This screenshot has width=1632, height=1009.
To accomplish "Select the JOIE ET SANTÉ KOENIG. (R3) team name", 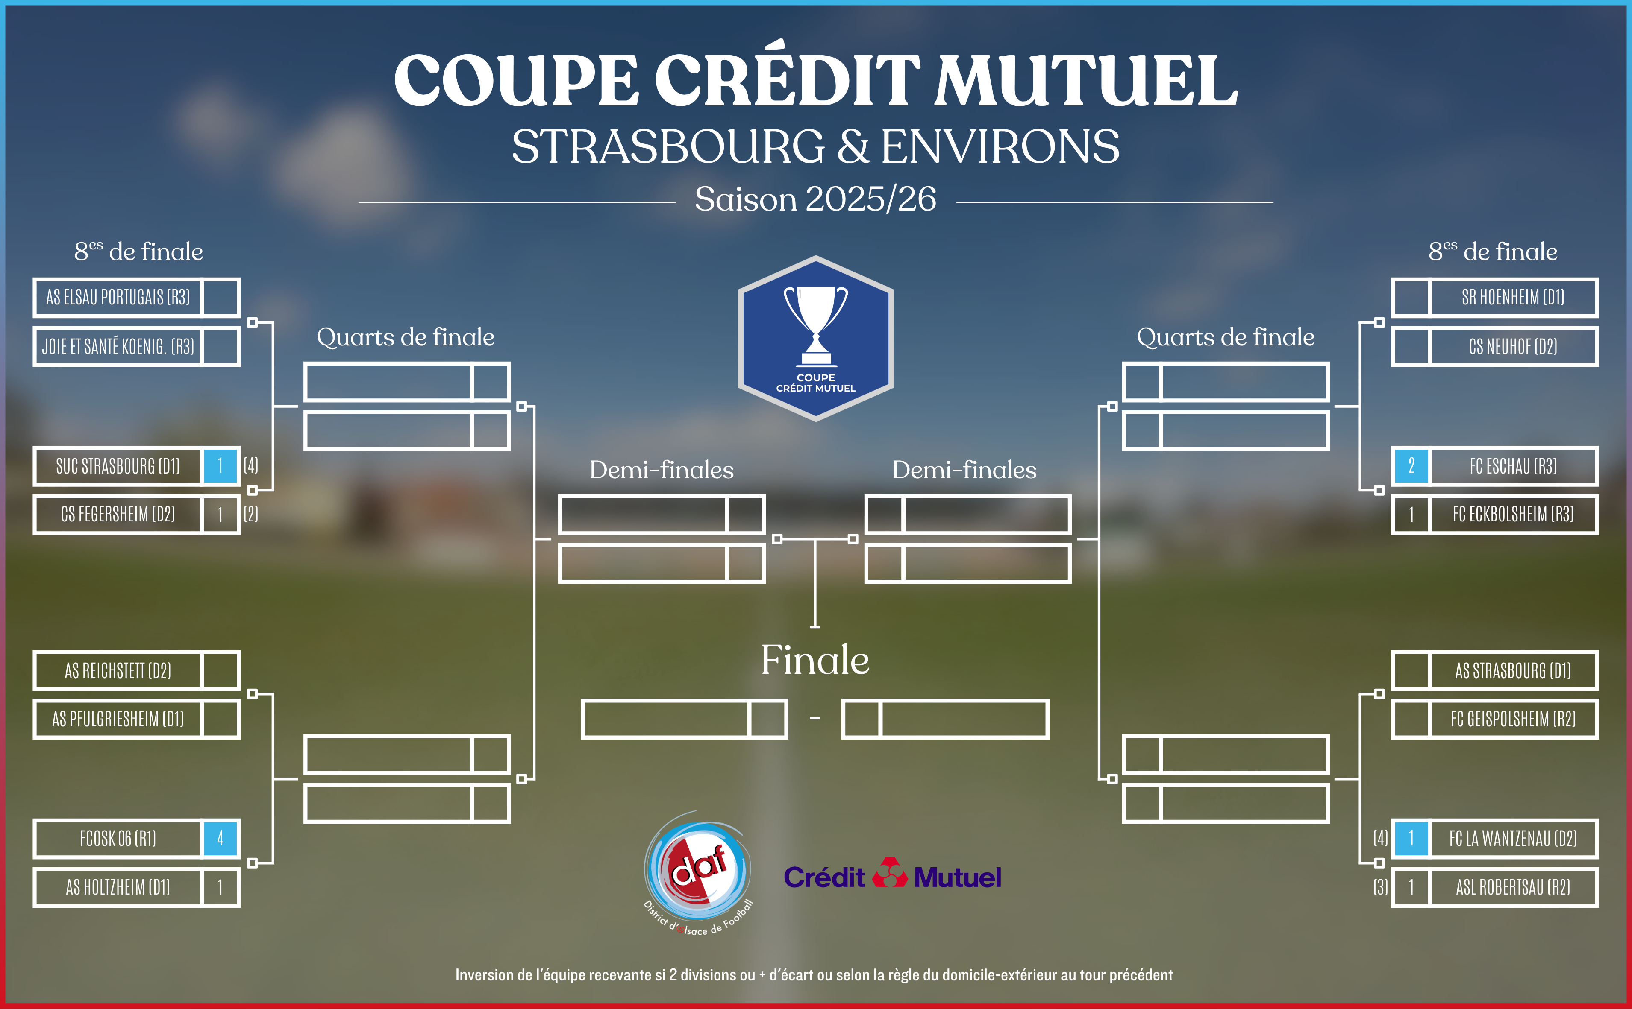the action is [118, 346].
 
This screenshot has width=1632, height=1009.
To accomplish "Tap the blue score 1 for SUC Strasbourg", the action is [221, 465].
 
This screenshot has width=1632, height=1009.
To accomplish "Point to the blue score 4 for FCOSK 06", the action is [221, 838].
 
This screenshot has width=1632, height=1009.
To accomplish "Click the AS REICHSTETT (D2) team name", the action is [118, 671].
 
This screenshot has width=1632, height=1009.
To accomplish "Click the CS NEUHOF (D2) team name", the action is [1513, 346].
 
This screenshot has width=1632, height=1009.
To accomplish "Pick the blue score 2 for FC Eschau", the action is [1411, 465].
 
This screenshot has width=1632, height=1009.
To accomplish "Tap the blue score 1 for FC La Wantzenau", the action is [1411, 838].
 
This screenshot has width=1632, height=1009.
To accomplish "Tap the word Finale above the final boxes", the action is [815, 660].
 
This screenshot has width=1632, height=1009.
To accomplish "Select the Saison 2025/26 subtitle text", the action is [815, 199].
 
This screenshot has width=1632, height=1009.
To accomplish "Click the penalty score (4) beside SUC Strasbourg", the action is [251, 465].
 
